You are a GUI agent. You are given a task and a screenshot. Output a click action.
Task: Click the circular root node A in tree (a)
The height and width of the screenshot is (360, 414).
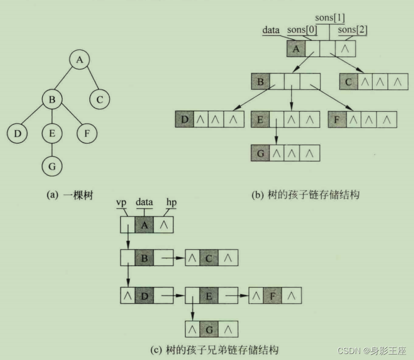[79, 60]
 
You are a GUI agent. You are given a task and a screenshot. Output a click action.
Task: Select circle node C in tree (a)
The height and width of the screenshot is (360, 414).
[99, 99]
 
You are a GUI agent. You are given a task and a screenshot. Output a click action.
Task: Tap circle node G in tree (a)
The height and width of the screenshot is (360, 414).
[52, 165]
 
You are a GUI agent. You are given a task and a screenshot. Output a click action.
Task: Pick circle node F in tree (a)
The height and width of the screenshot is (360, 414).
[87, 134]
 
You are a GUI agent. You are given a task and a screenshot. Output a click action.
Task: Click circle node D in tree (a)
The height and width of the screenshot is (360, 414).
[17, 134]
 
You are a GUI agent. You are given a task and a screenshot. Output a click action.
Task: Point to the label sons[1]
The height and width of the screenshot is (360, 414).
[330, 19]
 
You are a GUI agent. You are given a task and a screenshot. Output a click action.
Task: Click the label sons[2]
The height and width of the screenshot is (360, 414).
[352, 30]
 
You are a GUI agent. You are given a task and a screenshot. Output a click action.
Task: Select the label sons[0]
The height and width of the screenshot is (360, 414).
[301, 30]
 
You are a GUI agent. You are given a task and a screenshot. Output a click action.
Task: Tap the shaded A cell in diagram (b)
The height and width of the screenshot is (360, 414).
[296, 49]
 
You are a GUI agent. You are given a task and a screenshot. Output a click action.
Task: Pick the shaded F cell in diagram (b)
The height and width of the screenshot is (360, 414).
[337, 120]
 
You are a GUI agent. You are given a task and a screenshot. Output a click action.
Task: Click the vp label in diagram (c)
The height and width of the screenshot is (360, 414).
[121, 202]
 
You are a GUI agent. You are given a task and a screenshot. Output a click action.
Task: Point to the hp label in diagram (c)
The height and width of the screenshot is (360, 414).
[171, 202]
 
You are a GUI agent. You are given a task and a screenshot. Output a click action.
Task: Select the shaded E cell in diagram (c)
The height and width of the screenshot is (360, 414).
[209, 295]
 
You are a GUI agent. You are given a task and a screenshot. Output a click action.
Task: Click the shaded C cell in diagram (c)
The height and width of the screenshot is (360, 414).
[209, 258]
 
